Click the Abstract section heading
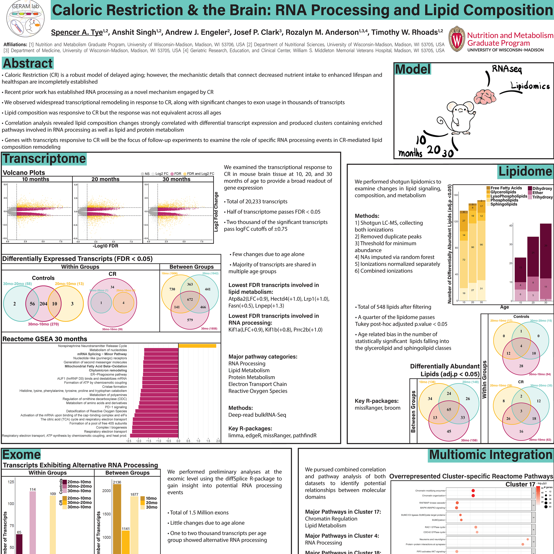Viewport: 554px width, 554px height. (28, 63)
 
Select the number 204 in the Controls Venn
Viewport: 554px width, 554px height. (43, 304)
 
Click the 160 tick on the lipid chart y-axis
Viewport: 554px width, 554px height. (456, 195)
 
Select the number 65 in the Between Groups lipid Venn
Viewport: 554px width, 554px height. (449, 409)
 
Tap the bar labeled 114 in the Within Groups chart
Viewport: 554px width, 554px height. (33, 522)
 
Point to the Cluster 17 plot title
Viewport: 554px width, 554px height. (520, 484)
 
